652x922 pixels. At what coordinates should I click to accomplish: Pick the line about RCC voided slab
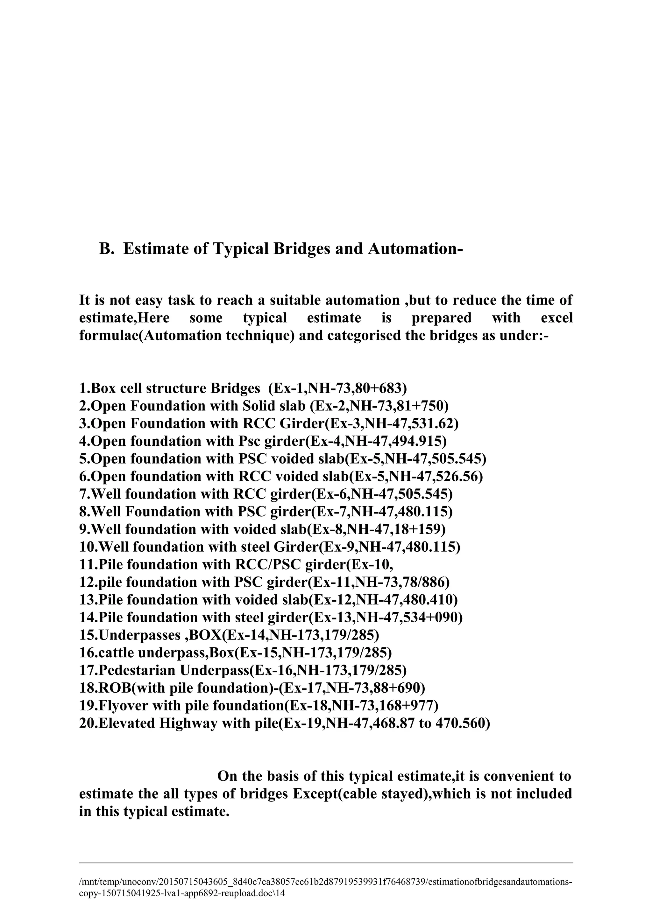[280, 476]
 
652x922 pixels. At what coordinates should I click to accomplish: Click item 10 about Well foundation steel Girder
[269, 547]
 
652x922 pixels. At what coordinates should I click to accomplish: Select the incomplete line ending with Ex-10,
[236, 565]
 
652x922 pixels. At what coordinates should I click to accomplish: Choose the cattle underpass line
[235, 653]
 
